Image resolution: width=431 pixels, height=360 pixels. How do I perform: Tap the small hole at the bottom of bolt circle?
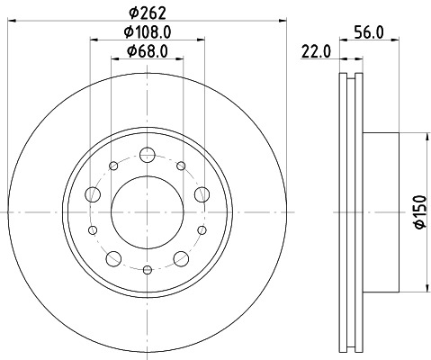pos(147,267)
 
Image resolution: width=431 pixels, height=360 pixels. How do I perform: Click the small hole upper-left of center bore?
pos(113,166)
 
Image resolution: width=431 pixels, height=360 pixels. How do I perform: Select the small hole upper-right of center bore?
pos(181,166)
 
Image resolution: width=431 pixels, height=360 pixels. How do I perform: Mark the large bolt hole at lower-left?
pos(112,259)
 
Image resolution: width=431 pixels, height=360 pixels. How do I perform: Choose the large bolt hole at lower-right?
pos(181,259)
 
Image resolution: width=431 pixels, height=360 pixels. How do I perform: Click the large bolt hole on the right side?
pos(202,193)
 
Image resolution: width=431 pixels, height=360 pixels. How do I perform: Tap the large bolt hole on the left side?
pos(91,193)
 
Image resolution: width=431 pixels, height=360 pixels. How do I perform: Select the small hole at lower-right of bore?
pos(202,230)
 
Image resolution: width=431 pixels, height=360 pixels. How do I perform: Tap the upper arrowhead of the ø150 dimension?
pos(425,138)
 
